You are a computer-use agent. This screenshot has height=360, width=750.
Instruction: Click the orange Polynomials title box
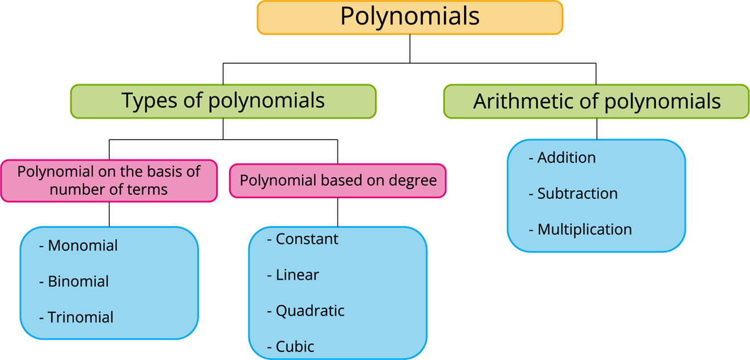pyautogui.click(x=409, y=17)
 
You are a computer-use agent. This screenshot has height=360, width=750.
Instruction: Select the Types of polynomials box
pyautogui.click(x=223, y=101)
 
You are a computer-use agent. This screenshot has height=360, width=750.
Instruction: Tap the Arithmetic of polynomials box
pyautogui.click(x=596, y=101)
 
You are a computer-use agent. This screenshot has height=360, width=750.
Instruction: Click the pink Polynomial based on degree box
pyautogui.click(x=337, y=181)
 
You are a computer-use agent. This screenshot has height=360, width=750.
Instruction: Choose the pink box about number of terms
pyautogui.click(x=108, y=181)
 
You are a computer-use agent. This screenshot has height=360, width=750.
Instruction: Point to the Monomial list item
pyautogui.click(x=83, y=246)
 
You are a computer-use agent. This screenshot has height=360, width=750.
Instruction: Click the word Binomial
pyautogui.click(x=78, y=281)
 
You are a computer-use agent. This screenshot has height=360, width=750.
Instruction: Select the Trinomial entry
pyautogui.click(x=80, y=317)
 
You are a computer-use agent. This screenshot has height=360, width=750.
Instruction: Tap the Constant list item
pyautogui.click(x=307, y=239)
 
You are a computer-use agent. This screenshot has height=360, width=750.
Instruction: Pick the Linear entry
pyautogui.click(x=297, y=275)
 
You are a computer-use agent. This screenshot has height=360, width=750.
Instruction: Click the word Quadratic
pyautogui.click(x=310, y=311)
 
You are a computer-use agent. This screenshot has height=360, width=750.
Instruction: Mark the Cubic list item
pyautogui.click(x=295, y=346)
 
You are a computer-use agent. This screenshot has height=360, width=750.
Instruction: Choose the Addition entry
pyautogui.click(x=566, y=158)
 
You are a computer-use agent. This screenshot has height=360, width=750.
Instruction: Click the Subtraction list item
pyautogui.click(x=577, y=194)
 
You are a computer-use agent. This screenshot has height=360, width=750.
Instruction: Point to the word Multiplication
pyautogui.click(x=584, y=230)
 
